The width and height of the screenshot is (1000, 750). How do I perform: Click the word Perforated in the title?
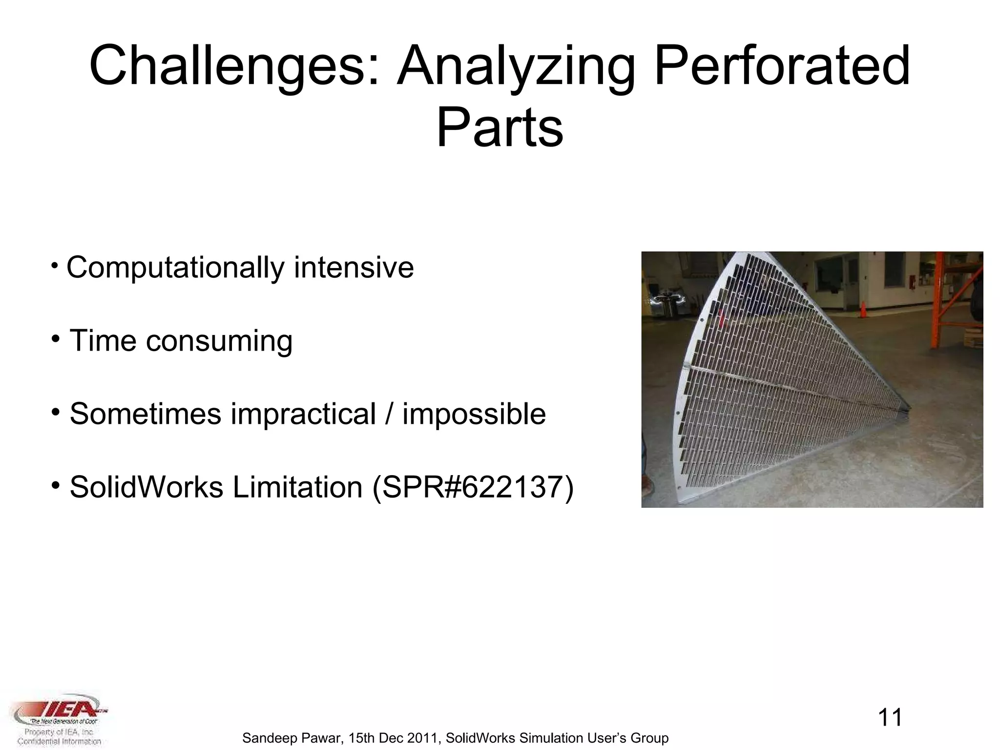coord(781,66)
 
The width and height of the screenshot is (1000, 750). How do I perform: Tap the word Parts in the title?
coord(500,128)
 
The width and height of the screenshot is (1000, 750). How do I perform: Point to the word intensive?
coord(354,268)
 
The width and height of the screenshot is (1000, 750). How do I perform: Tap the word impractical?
coord(303,414)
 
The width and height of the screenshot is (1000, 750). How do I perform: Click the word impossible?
coord(474,414)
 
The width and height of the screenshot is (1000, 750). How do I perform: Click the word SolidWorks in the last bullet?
coord(146,487)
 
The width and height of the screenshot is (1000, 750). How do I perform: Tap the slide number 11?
coord(890,717)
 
